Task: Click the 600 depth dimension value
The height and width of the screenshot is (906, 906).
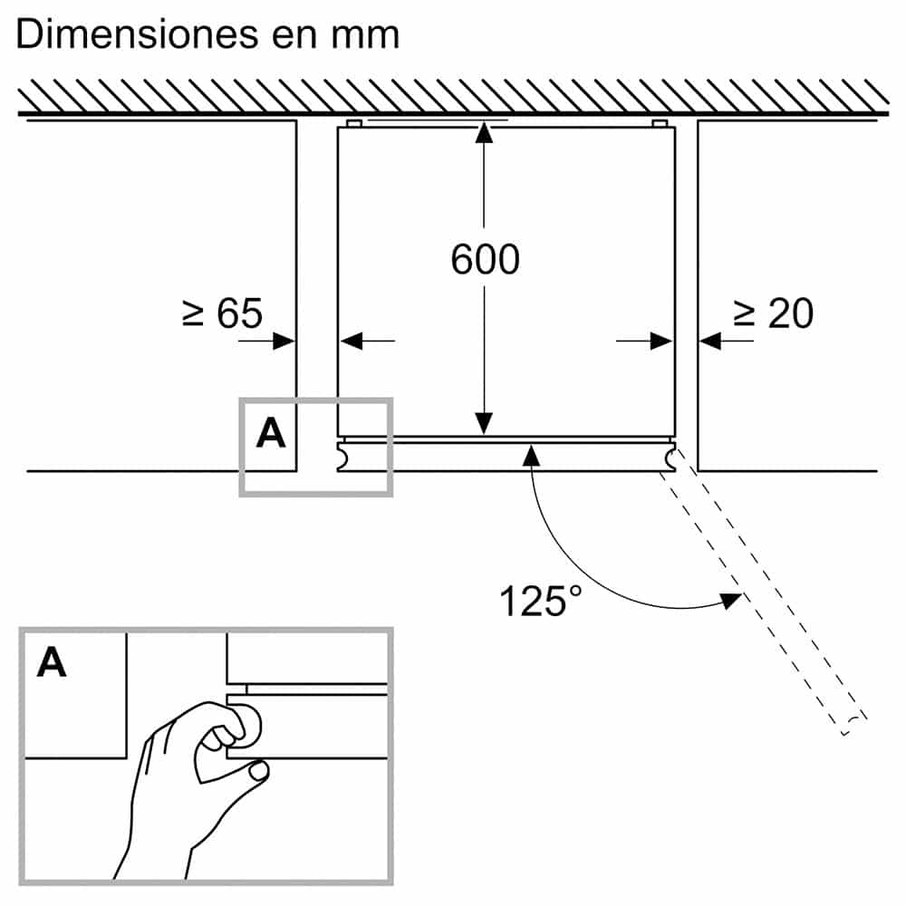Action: click(x=485, y=260)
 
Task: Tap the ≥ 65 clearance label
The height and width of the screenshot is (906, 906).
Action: click(x=222, y=313)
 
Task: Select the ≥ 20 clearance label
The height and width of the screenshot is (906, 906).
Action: click(x=773, y=313)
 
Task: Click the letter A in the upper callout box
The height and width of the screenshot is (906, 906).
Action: click(x=270, y=434)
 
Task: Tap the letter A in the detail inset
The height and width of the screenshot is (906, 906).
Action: click(x=52, y=664)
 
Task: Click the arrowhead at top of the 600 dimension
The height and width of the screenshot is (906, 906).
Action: click(x=485, y=132)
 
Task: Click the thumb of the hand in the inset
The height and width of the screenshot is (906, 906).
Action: click(x=260, y=771)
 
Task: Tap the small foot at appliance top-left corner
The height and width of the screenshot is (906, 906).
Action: click(x=354, y=122)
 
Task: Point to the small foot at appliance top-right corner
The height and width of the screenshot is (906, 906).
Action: click(x=660, y=122)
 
